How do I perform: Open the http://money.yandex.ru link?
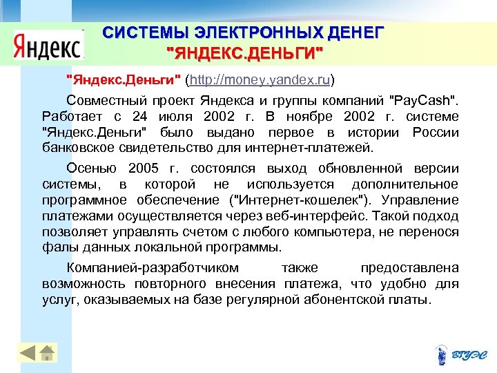[260, 80]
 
